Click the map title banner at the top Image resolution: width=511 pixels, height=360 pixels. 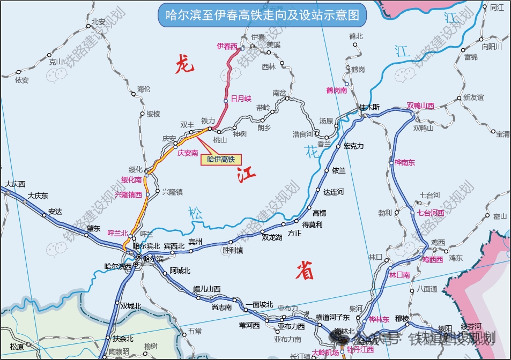tap(262, 14)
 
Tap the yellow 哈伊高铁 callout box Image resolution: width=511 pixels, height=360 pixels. tap(221, 159)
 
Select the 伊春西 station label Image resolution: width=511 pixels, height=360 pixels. tap(227, 47)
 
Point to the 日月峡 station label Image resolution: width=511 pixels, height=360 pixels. tap(241, 99)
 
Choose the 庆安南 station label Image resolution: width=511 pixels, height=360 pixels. tap(188, 153)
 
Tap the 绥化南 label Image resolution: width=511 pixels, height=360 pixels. tap(131, 179)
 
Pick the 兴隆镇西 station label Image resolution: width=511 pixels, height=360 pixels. tap(128, 195)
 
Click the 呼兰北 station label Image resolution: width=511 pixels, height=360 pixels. tap(117, 233)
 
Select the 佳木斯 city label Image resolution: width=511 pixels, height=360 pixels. tap(369, 107)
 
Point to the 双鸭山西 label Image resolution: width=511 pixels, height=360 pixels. tap(420, 106)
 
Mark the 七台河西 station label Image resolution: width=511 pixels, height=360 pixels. tap(431, 213)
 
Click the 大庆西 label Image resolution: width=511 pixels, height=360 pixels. tap(15, 184)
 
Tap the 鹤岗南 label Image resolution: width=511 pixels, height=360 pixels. tap(336, 90)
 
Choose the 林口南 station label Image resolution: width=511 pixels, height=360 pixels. tap(399, 275)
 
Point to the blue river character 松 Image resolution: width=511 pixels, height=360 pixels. tap(196, 213)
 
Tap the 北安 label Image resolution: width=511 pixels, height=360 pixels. tap(98, 22)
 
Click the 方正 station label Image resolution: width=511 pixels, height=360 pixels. tap(295, 233)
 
